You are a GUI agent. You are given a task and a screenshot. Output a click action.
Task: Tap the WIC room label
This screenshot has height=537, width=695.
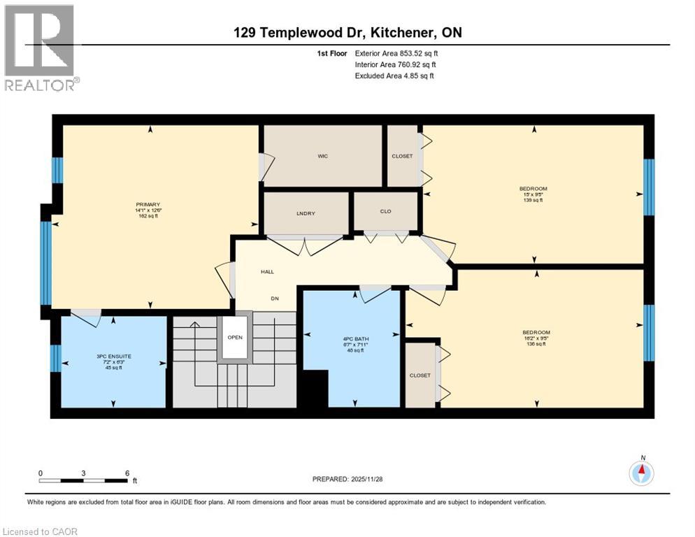[322, 156]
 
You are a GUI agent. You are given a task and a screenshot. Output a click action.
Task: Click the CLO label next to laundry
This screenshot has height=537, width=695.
[385, 211]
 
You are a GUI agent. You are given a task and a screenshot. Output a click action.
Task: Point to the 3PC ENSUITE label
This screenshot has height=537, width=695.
[113, 356]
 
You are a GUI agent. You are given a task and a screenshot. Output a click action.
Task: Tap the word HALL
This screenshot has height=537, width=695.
[267, 272]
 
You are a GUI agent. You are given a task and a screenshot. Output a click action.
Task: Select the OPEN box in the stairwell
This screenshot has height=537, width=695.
[234, 337]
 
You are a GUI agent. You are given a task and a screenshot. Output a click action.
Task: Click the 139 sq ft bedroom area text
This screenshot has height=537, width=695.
[533, 201]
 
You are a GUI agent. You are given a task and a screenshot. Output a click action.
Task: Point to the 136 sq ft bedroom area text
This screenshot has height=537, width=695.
[536, 343]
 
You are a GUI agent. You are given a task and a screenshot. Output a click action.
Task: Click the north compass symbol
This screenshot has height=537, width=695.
[641, 473]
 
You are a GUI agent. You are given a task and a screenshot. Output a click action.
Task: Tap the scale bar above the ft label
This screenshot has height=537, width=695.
[83, 480]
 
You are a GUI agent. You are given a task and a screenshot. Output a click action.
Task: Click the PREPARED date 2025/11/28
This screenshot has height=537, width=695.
[353, 479]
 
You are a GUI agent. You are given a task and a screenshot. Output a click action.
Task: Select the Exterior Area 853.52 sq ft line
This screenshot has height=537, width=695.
[396, 53]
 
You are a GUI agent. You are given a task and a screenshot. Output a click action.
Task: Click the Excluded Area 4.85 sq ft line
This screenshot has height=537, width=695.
[394, 76]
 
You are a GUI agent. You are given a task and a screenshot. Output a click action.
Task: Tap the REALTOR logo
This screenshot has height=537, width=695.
[41, 48]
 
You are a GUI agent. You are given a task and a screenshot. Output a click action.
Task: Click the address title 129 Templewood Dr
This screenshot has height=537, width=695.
[347, 33]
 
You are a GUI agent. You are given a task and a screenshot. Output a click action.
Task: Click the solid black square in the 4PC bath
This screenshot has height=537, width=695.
[315, 388]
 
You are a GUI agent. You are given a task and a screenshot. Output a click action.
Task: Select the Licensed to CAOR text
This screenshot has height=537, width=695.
[41, 531]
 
